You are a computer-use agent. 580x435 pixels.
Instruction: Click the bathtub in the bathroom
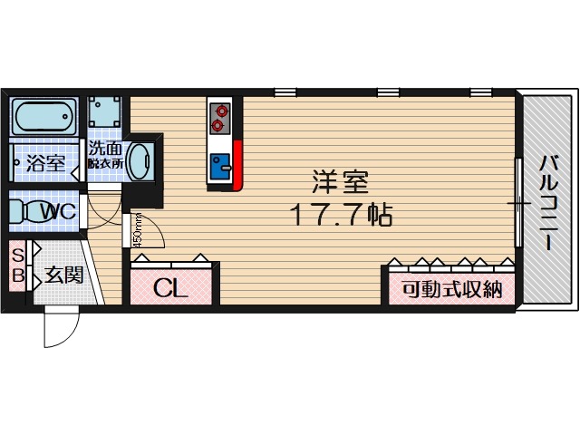(x=45, y=117)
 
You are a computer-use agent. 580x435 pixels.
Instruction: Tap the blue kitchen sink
(x=220, y=166)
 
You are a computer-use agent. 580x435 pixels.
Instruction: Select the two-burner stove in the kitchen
(x=220, y=116)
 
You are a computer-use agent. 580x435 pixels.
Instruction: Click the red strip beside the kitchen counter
(x=238, y=166)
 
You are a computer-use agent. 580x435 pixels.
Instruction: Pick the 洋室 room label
(x=340, y=181)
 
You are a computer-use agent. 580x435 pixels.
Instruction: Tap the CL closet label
(x=169, y=289)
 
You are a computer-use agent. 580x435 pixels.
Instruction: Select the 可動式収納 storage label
(x=451, y=290)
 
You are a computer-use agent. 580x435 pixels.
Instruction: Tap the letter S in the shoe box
(x=17, y=255)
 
